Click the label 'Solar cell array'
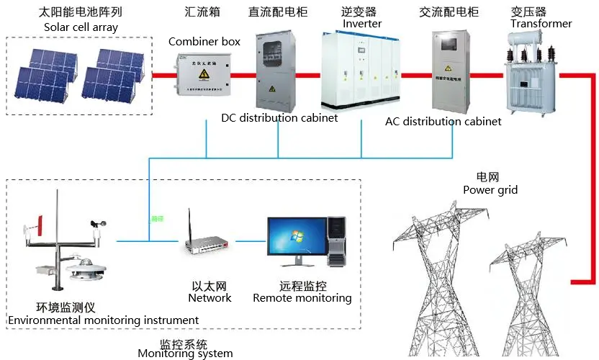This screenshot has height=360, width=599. (x=81, y=27)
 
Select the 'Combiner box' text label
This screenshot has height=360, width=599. (x=204, y=42)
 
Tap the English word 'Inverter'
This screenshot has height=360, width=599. (x=362, y=24)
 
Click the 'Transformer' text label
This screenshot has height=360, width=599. (x=541, y=24)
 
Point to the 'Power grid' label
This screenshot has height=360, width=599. (x=490, y=190)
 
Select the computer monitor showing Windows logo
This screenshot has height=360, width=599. (x=295, y=238)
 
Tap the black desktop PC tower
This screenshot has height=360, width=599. (x=337, y=241)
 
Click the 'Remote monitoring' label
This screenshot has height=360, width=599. (x=302, y=298)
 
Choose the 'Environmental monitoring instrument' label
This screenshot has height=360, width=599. (x=103, y=320)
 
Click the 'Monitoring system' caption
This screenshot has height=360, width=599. (x=185, y=354)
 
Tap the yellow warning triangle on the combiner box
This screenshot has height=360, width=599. (x=205, y=74)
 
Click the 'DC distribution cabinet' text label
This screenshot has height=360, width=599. (x=279, y=118)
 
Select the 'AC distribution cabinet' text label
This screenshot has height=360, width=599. (x=443, y=122)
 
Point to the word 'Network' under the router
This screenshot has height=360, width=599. (x=210, y=298)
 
